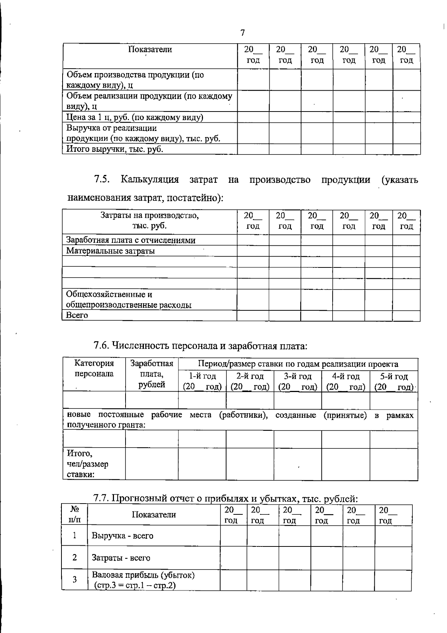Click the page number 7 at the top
[242, 33]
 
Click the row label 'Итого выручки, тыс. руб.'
[115, 149]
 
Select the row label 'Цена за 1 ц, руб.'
[134, 117]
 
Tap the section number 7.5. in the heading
[101, 180]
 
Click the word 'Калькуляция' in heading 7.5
[149, 180]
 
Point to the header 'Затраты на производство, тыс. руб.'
[150, 220]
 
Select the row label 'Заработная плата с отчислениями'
[131, 240]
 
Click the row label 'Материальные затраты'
[111, 251]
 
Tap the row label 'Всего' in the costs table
[77, 316]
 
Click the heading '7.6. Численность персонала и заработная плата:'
[200, 346]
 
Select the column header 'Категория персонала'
[94, 369]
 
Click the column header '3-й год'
[297, 376]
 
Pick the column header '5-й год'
[394, 376]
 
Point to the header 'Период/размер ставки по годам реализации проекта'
[298, 364]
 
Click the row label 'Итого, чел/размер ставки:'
[88, 464]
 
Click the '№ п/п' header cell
[74, 514]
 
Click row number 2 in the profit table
[74, 558]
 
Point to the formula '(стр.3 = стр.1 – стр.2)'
[134, 586]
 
